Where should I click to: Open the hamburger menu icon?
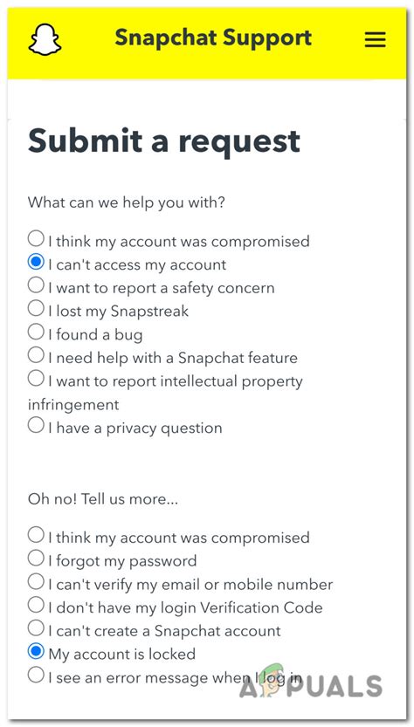376,40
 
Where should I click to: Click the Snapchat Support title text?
213,38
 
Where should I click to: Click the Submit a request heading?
164,141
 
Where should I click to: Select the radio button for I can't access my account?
36,262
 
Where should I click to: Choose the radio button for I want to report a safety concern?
36,285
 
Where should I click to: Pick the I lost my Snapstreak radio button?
36,309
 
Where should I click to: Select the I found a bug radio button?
36,333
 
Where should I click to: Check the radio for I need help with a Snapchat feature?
36,355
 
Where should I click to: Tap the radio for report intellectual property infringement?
36,379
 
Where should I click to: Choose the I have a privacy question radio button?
36,426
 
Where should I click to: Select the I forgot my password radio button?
36,558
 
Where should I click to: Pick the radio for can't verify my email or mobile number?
36,581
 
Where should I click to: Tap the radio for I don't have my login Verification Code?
36,605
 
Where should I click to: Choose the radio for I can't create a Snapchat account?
36,628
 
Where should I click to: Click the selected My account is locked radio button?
36,651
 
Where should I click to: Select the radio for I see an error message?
36,675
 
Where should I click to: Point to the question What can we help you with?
127,202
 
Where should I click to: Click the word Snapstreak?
151,311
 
